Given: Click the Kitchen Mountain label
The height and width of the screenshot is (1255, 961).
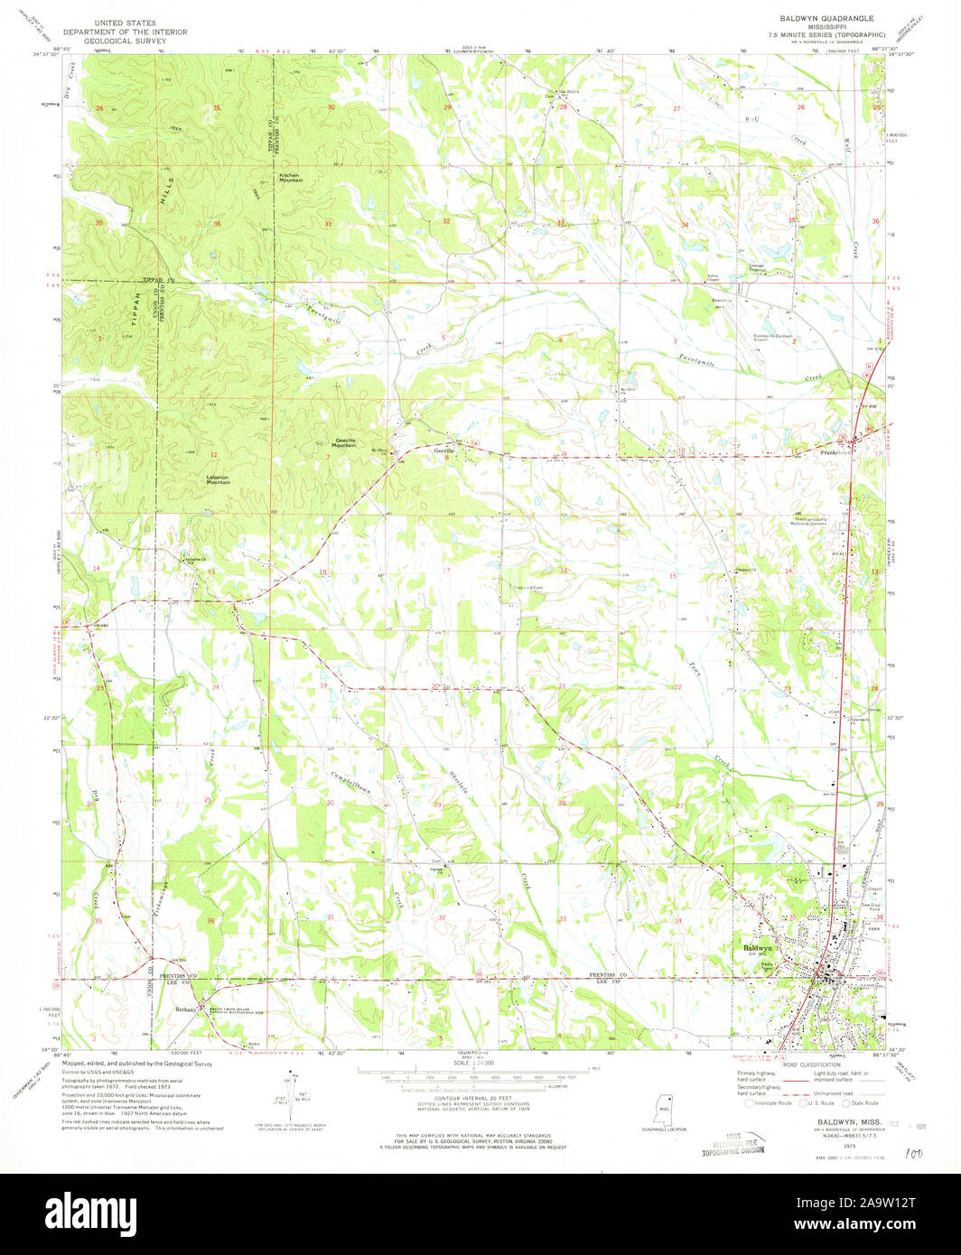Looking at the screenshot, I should (x=290, y=178).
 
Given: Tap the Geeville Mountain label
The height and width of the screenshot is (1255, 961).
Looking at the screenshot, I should (x=342, y=444).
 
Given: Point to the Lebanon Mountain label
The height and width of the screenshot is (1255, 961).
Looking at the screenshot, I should (x=218, y=480).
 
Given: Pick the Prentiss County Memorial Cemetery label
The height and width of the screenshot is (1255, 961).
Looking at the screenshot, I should (x=773, y=520).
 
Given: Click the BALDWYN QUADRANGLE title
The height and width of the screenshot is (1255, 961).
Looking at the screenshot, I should (x=821, y=17).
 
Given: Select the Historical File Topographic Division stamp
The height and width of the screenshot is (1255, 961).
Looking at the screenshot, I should (x=733, y=1143).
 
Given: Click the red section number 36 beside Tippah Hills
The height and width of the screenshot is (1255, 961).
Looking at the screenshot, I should (x=217, y=223).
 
